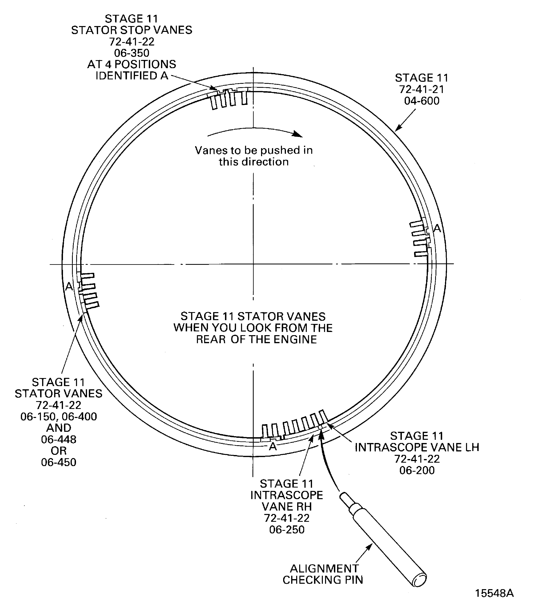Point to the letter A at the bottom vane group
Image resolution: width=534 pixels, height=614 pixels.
[273, 447]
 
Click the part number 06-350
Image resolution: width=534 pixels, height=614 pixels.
[132, 53]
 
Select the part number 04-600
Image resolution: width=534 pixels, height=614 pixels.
[422, 101]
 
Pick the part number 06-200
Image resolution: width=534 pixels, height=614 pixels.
[417, 470]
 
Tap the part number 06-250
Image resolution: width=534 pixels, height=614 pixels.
[287, 530]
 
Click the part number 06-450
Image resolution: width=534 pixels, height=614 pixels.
[59, 462]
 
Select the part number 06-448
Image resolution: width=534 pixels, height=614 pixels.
[59, 439]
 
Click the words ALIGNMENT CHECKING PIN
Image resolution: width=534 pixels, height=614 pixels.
[323, 574]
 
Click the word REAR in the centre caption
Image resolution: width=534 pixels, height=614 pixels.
[211, 339]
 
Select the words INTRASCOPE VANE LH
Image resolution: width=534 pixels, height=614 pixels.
[417, 447]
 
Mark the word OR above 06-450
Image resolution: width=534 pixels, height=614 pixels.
[59, 451]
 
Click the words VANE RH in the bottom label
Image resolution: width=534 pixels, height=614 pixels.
[287, 507]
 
